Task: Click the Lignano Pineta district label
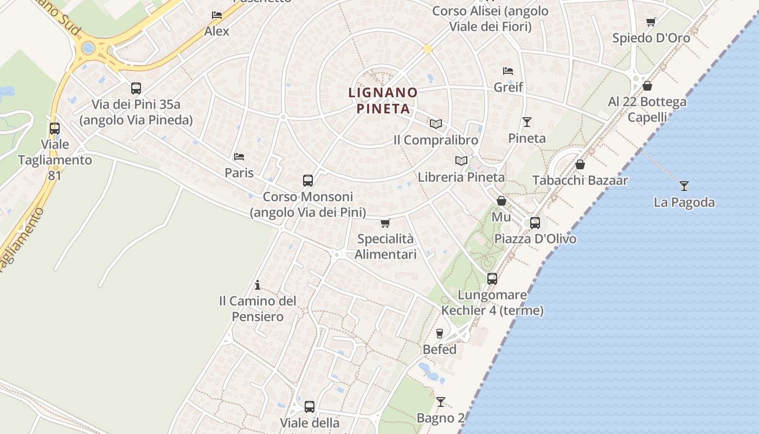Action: [x=383, y=100]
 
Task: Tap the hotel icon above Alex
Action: [x=217, y=15]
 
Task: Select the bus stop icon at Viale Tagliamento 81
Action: [x=55, y=129]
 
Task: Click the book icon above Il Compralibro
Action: [x=436, y=124]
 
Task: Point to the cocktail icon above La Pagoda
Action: [x=684, y=186]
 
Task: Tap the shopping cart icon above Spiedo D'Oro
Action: [x=651, y=22]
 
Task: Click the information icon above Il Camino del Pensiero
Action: [x=258, y=285]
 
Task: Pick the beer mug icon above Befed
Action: [x=440, y=333]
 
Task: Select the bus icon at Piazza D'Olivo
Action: [x=535, y=222]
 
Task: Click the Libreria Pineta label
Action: [x=461, y=177]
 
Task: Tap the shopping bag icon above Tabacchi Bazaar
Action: [x=580, y=164]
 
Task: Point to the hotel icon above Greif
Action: [x=508, y=71]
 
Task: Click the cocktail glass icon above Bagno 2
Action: [x=440, y=402]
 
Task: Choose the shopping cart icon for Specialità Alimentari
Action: [x=385, y=223]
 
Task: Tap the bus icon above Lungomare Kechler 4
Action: [x=492, y=279]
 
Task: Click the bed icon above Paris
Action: [x=239, y=157]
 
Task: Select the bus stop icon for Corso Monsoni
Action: [x=308, y=181]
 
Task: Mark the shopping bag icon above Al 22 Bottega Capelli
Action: [x=647, y=86]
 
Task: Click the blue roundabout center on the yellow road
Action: [x=88, y=48]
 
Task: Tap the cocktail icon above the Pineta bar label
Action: [x=526, y=122]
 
